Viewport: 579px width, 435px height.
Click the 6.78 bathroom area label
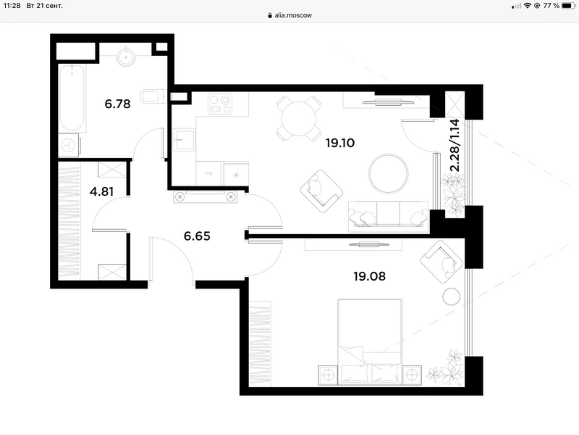coord(117,104)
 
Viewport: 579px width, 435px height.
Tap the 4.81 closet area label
coord(101,191)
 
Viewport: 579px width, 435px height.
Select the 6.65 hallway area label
coord(197,236)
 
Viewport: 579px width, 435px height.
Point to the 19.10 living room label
coord(340,143)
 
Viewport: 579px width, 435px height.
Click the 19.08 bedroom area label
coord(369,276)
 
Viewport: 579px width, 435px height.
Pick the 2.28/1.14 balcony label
coord(455,145)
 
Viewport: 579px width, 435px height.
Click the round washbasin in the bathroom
coord(126,57)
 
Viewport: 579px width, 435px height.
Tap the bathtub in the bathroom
coord(72,98)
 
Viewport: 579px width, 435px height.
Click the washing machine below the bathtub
coord(69,146)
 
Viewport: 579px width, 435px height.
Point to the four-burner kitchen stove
coord(220,104)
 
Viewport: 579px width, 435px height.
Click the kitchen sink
coord(185,140)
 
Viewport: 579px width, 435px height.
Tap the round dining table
coord(299,119)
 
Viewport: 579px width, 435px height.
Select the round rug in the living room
coord(388,173)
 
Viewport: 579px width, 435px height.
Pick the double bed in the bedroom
coord(370,341)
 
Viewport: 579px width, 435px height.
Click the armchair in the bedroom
coord(441,262)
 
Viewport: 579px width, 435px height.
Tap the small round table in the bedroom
coord(451,297)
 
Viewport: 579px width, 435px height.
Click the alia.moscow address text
coord(293,15)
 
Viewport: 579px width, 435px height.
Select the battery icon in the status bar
coord(568,6)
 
